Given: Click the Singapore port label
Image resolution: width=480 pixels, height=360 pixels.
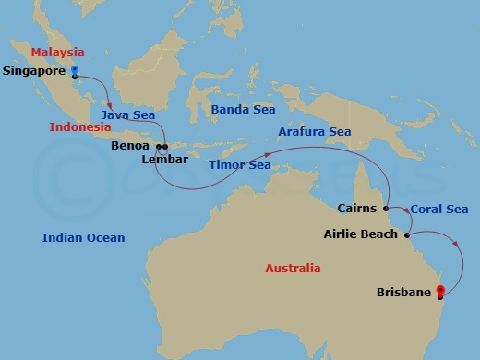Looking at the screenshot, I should coord(33,69).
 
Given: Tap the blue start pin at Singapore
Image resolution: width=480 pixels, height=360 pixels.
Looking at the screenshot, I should coord(74,69).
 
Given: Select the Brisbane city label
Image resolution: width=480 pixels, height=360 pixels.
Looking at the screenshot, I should coord(403,293).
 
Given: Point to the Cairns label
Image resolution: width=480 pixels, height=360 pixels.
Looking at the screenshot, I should coord(356,208).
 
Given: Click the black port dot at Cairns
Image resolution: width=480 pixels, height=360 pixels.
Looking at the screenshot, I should coord(386,209).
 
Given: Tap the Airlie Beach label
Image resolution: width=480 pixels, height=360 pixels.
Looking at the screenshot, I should coord(361,234).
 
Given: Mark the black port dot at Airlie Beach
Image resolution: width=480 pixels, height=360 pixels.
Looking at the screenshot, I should coord(407,234).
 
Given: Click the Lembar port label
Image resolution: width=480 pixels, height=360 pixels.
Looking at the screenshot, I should coord(164,159).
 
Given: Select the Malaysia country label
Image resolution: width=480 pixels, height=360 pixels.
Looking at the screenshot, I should coord(58,53).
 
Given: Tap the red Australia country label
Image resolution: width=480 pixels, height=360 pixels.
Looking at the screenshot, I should coord(293,268).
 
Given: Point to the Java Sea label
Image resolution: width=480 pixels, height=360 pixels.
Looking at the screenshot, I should coord(127,115).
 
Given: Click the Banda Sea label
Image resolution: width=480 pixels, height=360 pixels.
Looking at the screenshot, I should coord(243,109).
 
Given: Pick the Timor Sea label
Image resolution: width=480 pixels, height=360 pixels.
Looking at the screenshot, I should coord(239,164).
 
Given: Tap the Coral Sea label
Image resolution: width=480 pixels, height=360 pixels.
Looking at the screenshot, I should coord(438,210).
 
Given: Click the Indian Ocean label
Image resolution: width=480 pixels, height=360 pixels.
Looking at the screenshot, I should coord(83,237).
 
